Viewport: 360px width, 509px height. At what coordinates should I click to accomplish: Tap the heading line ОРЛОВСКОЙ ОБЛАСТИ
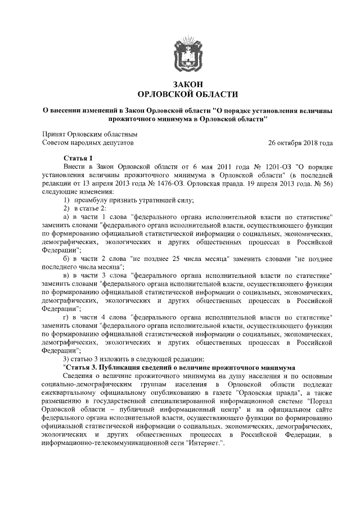[x=188, y=94]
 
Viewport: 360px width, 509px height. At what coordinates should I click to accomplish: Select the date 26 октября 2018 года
[x=301, y=143]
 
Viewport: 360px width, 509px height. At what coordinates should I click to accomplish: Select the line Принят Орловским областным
[x=91, y=134]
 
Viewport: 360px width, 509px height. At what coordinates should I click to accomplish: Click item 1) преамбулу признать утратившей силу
[x=129, y=200]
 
